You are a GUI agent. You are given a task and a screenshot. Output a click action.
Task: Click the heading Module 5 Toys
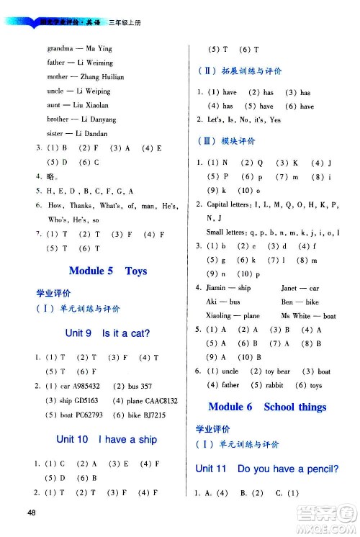click(107, 271)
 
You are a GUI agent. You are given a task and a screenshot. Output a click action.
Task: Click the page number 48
click(30, 511)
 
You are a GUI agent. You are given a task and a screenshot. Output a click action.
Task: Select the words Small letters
click(223, 233)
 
